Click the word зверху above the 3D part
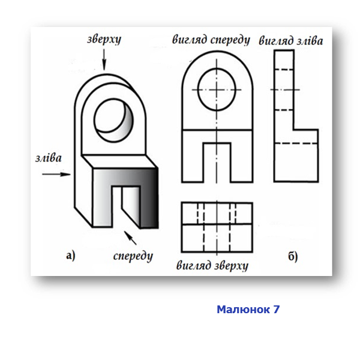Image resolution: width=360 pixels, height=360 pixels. [104, 40]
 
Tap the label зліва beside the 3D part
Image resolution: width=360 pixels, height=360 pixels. [49, 158]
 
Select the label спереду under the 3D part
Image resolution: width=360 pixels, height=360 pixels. [133, 256]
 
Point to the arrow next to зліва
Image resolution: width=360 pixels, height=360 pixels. [56, 174]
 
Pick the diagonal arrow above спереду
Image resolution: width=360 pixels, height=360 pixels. [130, 238]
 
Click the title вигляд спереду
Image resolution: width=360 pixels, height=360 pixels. [211, 40]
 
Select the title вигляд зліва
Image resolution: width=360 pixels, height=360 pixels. [291, 41]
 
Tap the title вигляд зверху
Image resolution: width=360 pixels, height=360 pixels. [212, 266]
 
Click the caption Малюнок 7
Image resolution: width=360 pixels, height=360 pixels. [248, 309]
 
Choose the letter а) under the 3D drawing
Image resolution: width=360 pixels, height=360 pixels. [71, 256]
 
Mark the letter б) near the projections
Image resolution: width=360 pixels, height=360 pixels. [293, 256]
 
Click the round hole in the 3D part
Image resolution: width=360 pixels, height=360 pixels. [113, 121]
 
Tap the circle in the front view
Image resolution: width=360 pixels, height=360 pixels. [217, 89]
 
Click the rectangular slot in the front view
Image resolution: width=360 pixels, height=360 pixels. [217, 162]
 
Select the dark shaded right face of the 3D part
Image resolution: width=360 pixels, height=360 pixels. [149, 198]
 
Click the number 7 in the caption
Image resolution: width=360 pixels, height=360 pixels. [277, 309]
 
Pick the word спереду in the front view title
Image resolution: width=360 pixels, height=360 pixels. [230, 40]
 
